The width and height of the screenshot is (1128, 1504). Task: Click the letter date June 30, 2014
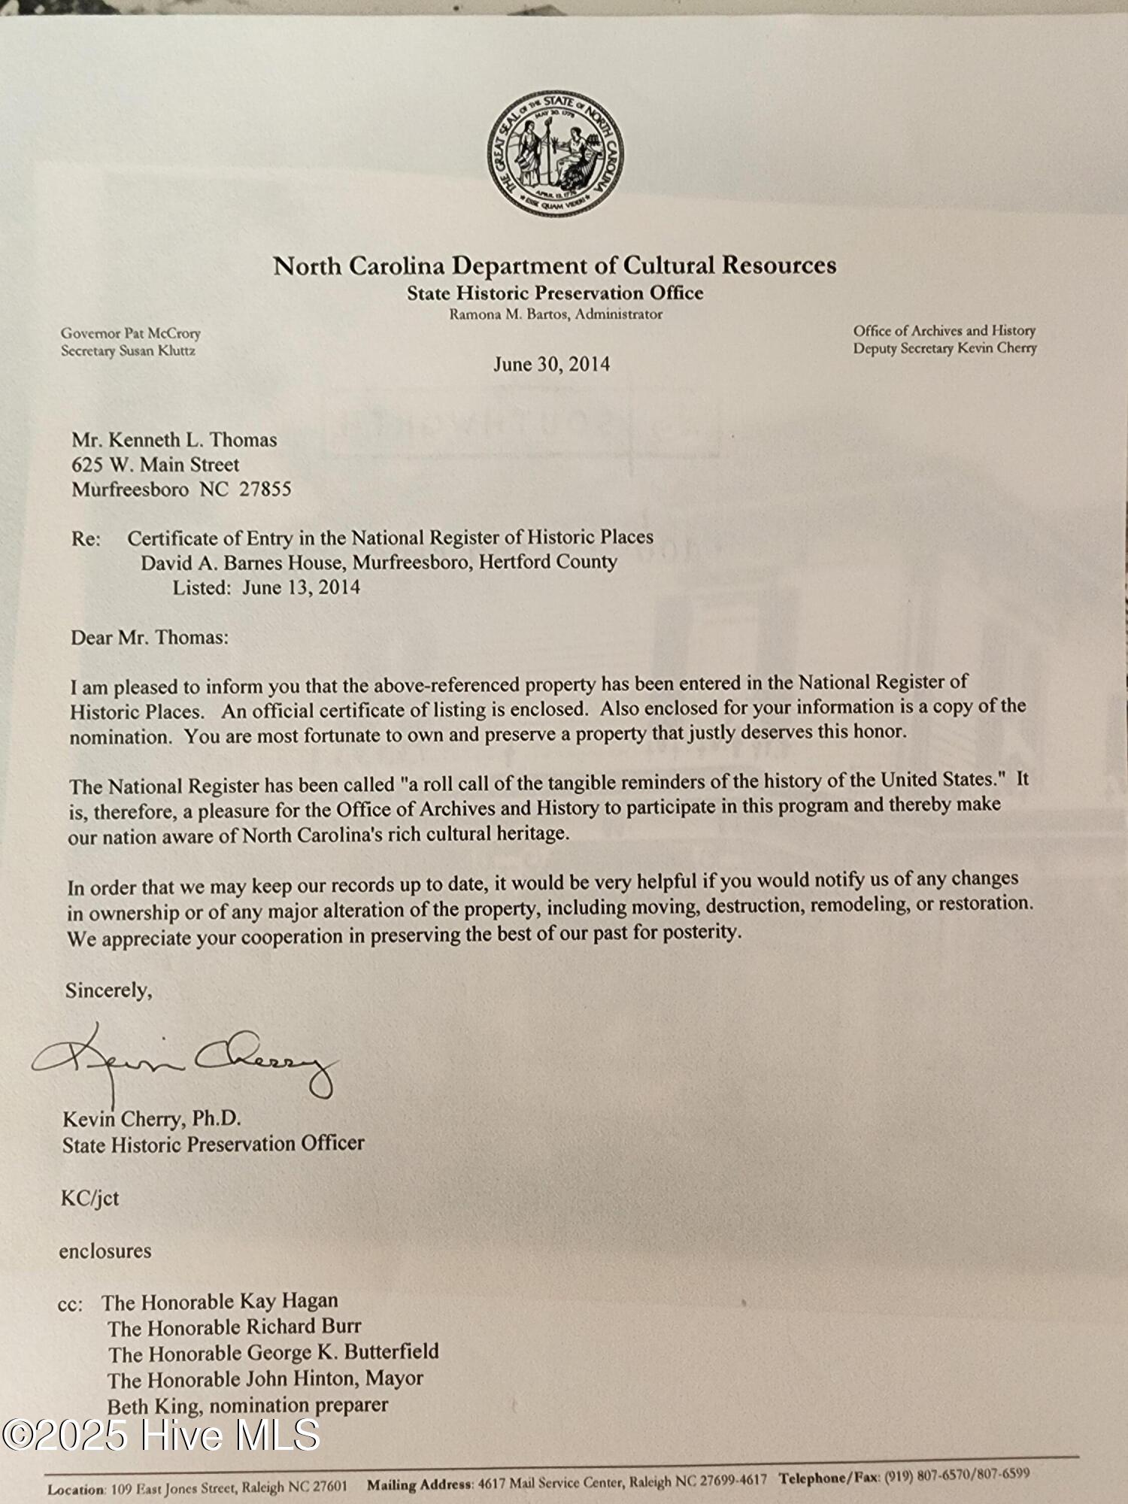click(x=551, y=365)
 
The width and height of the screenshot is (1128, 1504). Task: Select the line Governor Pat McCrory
click(x=131, y=333)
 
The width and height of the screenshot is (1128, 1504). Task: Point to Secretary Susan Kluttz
click(x=128, y=350)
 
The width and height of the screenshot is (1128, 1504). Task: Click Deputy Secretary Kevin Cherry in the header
click(x=945, y=348)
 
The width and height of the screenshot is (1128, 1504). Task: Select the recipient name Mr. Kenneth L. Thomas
click(x=174, y=440)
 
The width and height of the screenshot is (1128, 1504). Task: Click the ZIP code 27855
click(x=265, y=490)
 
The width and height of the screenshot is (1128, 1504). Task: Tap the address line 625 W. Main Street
click(x=156, y=465)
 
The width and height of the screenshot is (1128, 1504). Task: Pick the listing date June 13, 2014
click(x=301, y=587)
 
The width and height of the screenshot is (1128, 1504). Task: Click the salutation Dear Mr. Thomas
click(x=150, y=638)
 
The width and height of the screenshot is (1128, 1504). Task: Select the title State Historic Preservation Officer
click(x=214, y=1145)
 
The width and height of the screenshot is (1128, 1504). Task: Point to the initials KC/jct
click(x=90, y=1198)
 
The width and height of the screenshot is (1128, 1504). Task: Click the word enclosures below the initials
click(x=105, y=1251)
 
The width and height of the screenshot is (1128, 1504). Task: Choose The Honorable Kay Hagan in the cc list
click(x=220, y=1302)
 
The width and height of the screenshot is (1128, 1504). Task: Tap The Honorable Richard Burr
click(x=234, y=1327)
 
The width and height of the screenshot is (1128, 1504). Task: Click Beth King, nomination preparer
click(x=247, y=1405)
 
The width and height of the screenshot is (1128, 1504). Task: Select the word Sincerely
click(x=108, y=990)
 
